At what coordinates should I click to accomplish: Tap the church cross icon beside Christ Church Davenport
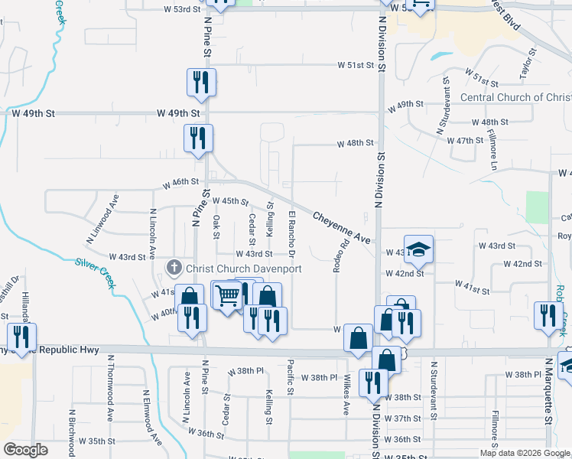pos(174,269)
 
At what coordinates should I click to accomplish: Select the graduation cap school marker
pos(418,248)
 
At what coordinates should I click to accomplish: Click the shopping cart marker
pos(226,295)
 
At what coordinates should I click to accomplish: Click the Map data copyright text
pos(525,453)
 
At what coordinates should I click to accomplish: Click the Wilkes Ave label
pos(347,393)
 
